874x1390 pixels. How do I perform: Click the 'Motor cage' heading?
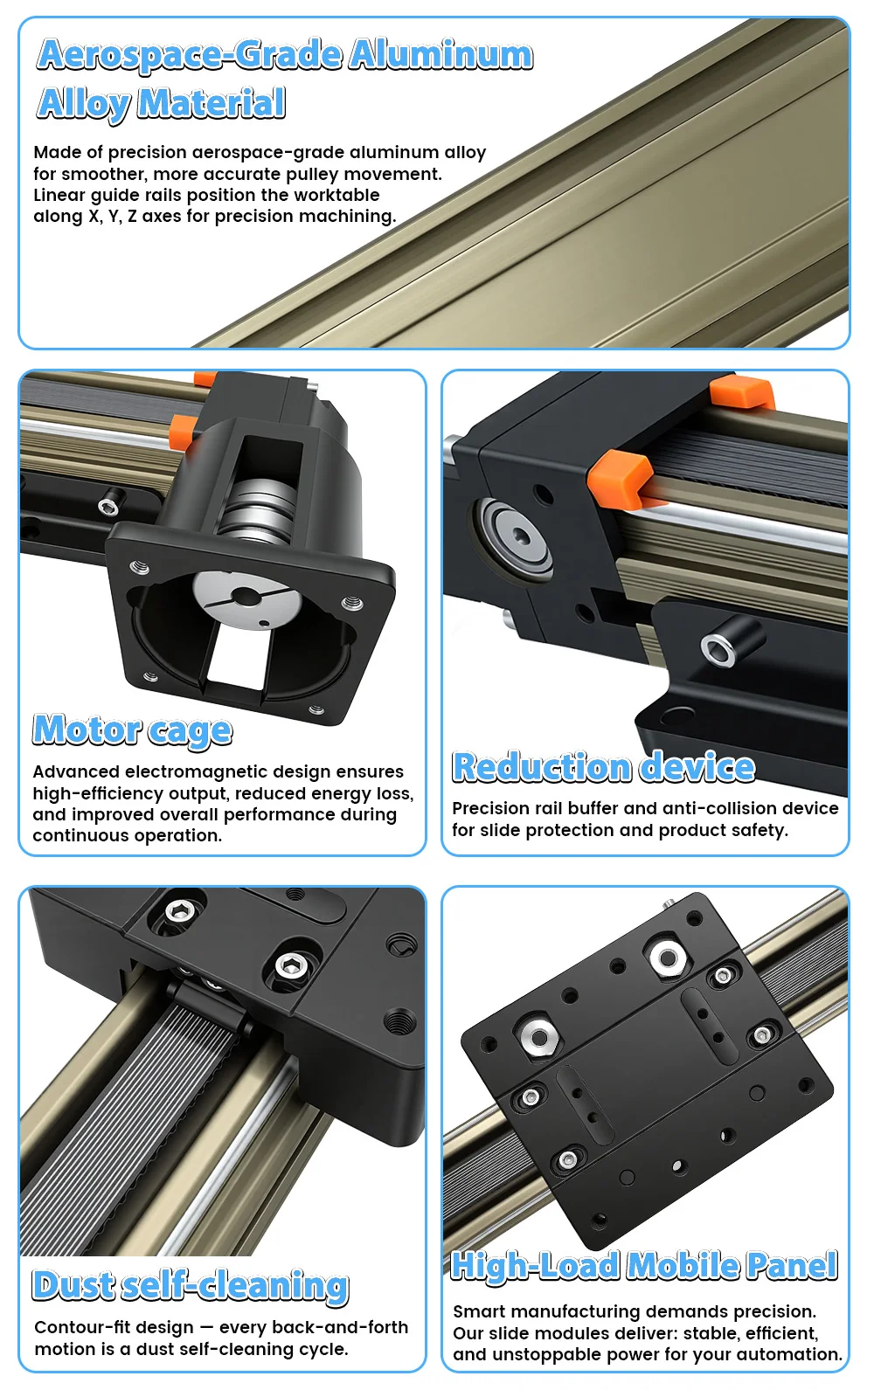click(x=132, y=730)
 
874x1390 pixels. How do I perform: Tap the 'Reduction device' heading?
click(x=603, y=767)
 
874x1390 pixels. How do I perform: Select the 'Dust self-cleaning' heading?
click(x=191, y=1286)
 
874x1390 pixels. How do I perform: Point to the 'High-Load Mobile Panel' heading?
click(x=644, y=1266)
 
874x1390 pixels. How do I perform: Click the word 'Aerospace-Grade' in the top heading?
click(x=190, y=55)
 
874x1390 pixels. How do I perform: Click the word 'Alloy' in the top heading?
click(x=83, y=104)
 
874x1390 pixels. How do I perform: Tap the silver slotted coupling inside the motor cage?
click(x=247, y=598)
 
